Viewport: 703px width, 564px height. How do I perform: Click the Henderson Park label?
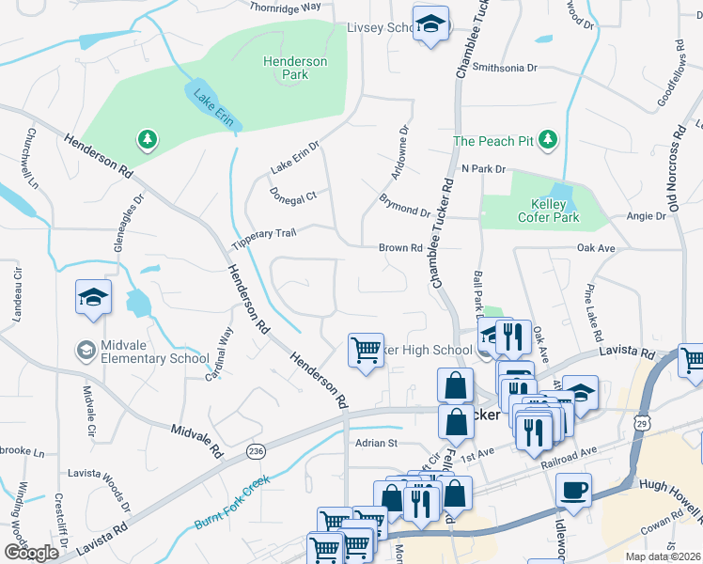point(294,68)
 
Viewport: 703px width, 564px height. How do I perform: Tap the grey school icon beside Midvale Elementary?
point(86,351)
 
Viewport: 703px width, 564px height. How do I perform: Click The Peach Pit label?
point(493,141)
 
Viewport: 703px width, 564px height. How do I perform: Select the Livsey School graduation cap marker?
point(430,23)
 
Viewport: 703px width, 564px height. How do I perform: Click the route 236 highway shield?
point(256,452)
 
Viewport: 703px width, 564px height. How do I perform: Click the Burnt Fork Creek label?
point(231,501)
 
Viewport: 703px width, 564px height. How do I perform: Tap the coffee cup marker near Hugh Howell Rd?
point(573,489)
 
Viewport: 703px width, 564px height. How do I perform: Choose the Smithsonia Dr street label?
point(504,68)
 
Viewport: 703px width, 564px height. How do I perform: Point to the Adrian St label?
point(377,442)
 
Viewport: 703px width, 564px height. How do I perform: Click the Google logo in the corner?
point(31,553)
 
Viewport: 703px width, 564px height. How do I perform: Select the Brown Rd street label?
point(399,248)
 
